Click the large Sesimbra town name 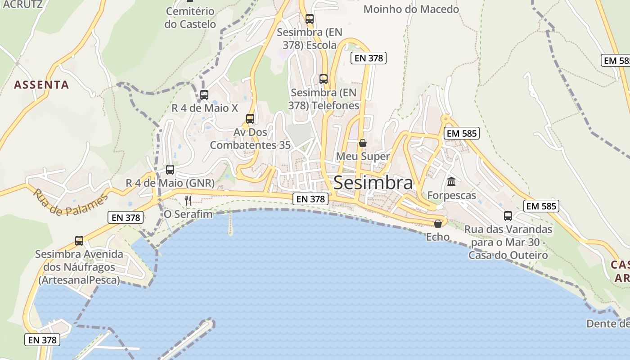click(x=373, y=183)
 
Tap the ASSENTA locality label click(x=41, y=85)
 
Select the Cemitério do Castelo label click(x=190, y=18)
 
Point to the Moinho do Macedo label click(x=411, y=9)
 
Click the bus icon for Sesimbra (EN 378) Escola click(x=310, y=19)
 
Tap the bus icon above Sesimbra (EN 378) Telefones click(x=324, y=79)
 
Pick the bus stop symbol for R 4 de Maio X click(x=204, y=95)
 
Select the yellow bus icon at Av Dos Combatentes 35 click(x=250, y=119)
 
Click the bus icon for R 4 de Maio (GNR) click(x=170, y=170)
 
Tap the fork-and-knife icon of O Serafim click(x=188, y=200)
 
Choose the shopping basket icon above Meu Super click(x=363, y=143)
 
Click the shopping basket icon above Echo click(x=438, y=224)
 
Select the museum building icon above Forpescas click(x=451, y=182)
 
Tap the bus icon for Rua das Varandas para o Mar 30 click(x=508, y=216)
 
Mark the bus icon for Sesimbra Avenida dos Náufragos click(x=79, y=241)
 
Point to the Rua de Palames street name click(x=71, y=202)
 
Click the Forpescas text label click(x=451, y=195)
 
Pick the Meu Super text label click(x=363, y=156)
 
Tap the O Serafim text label click(x=188, y=214)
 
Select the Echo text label click(x=437, y=237)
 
